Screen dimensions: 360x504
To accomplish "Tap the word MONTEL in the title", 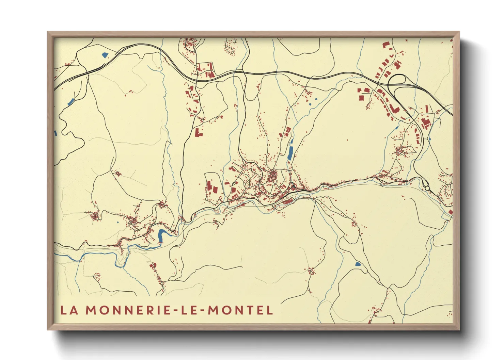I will coord(240,310).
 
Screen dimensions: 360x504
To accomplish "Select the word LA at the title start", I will coord(69,310).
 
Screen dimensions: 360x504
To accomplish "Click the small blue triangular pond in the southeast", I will coord(358,264).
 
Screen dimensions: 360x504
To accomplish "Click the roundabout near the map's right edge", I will coord(427,188).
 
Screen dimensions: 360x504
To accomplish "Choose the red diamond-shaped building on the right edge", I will coord(450,212).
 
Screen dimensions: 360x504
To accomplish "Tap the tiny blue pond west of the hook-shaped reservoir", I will coord(118,223).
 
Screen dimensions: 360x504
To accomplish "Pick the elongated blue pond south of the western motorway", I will coord(71,101).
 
